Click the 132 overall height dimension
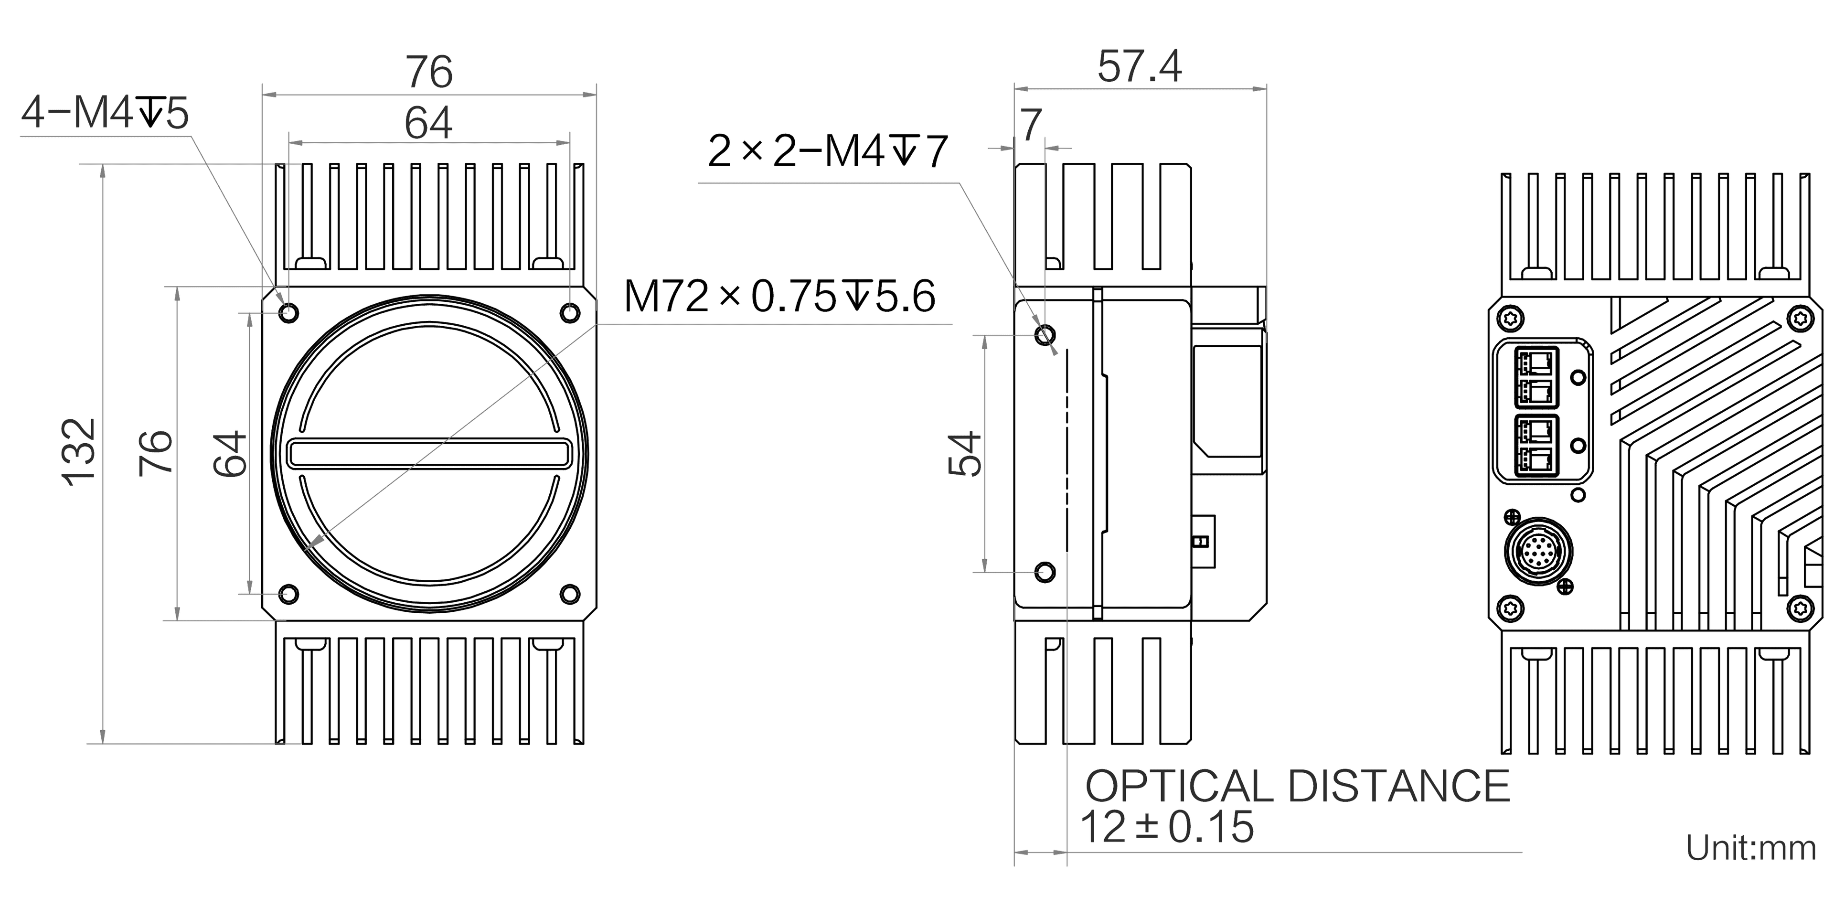click(x=80, y=452)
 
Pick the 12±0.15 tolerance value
click(x=1167, y=827)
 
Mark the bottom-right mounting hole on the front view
click(x=570, y=593)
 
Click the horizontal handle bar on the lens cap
click(x=430, y=454)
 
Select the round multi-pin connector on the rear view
click(x=1538, y=551)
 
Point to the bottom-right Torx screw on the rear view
click(x=1801, y=608)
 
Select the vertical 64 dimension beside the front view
click(x=230, y=453)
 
